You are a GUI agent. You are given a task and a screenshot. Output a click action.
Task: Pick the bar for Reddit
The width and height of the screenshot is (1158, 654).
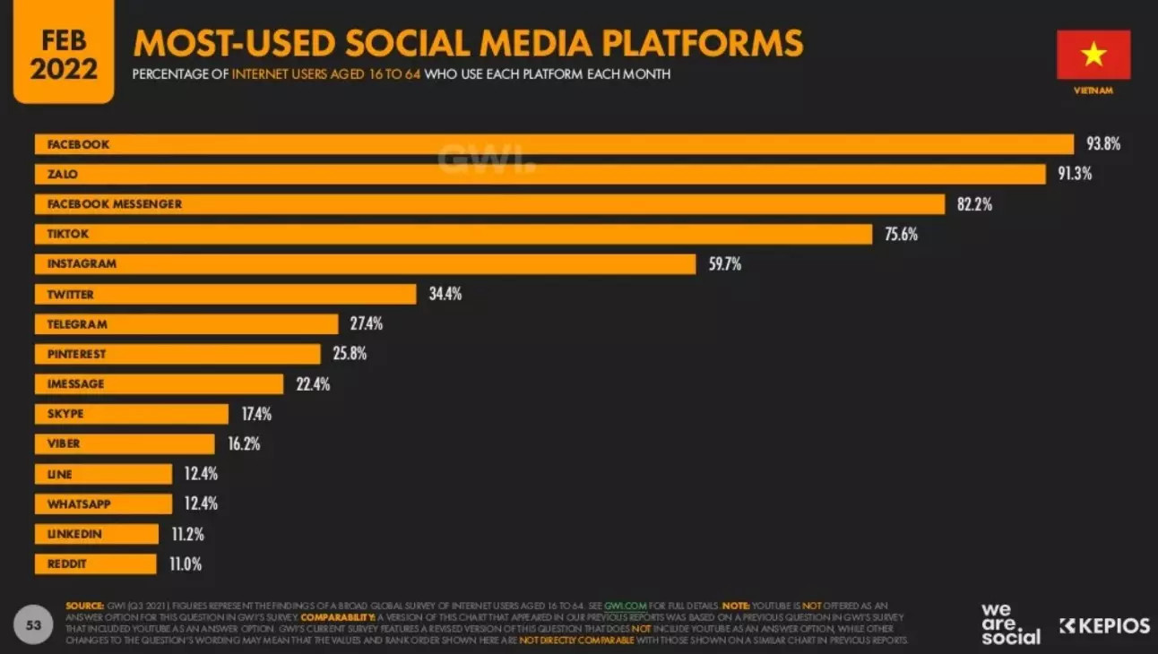(95, 564)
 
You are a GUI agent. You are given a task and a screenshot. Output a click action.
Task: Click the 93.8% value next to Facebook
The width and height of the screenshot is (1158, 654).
(1103, 143)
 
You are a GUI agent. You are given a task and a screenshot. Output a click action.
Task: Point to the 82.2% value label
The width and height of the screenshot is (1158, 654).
(974, 204)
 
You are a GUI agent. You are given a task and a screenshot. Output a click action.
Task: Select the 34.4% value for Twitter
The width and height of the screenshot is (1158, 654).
(445, 294)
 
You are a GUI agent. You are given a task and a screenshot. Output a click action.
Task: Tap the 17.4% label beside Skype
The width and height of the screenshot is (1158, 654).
(256, 414)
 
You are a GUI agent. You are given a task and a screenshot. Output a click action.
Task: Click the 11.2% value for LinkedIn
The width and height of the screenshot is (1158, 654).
(187, 534)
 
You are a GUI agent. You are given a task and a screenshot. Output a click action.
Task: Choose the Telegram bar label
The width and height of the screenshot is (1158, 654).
(77, 324)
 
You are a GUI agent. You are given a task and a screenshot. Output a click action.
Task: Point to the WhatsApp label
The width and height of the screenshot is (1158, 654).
(79, 504)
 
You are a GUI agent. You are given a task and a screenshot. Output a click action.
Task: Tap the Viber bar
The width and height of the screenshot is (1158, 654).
(125, 444)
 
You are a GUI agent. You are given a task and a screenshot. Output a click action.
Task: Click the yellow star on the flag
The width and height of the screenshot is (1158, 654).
(1093, 54)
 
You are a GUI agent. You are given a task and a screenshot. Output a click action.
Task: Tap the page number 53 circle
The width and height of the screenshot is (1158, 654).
(34, 625)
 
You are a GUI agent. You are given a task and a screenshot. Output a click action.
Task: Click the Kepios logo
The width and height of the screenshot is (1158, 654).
(1104, 626)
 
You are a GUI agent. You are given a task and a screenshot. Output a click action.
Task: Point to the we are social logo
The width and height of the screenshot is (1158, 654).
(1010, 624)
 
